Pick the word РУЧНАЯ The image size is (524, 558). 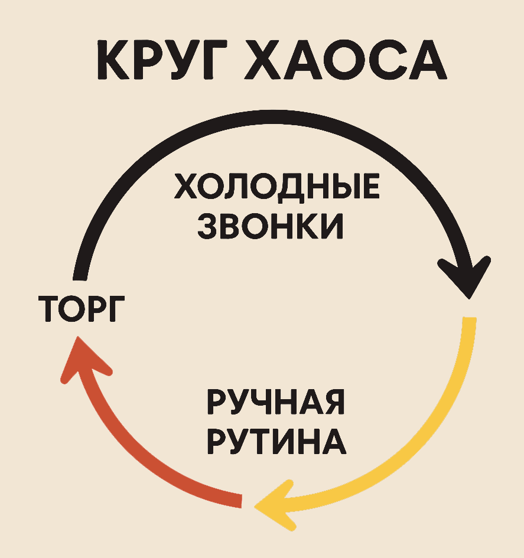point(276,404)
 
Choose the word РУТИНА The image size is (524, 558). point(276,441)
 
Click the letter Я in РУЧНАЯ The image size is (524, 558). point(332,404)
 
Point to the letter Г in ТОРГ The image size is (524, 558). point(117,308)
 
